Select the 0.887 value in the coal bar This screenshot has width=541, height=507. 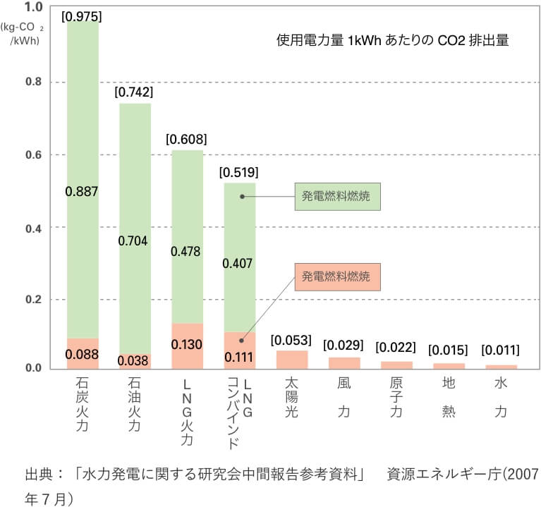[x=83, y=190]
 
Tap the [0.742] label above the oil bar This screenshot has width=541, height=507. [x=134, y=92]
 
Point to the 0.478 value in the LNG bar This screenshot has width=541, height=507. [x=187, y=251]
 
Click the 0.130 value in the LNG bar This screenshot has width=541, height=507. [x=187, y=344]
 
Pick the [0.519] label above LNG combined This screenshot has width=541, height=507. [x=239, y=171]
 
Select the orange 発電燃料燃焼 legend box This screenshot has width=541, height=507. [x=337, y=275]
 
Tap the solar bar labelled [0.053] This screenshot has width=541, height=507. [x=292, y=360]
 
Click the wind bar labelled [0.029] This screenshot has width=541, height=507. [x=344, y=362]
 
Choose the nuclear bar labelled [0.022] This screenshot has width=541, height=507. [x=396, y=365]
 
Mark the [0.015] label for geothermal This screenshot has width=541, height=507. [x=449, y=350]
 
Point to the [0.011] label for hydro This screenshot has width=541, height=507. [x=500, y=350]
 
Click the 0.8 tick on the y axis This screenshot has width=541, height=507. [x=33, y=82]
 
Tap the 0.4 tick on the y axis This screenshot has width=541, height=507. [x=33, y=227]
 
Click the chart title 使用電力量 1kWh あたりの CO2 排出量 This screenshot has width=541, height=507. [x=392, y=40]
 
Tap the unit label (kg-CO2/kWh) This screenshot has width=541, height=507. [x=25, y=35]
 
